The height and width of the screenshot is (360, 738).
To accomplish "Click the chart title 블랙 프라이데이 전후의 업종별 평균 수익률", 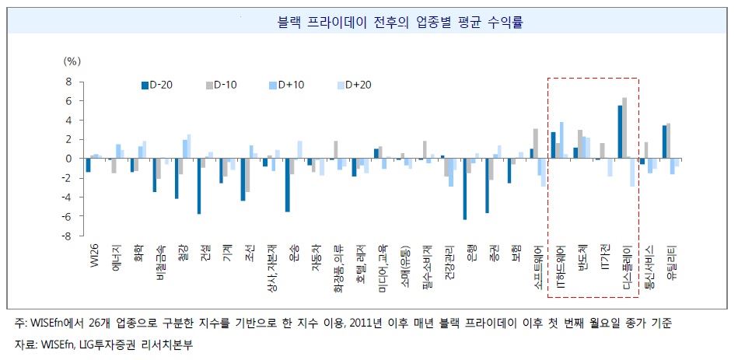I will point(369,23).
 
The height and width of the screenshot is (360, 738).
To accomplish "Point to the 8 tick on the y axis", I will point(68,82).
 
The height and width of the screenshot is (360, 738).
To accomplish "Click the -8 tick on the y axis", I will point(66,236).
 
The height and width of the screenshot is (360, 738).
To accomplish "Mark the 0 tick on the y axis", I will point(68,159).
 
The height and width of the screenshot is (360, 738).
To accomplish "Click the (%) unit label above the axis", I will point(72,60).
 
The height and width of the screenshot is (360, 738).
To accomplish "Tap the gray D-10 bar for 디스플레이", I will point(624,128).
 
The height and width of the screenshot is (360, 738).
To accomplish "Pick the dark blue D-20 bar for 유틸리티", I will point(664,142).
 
